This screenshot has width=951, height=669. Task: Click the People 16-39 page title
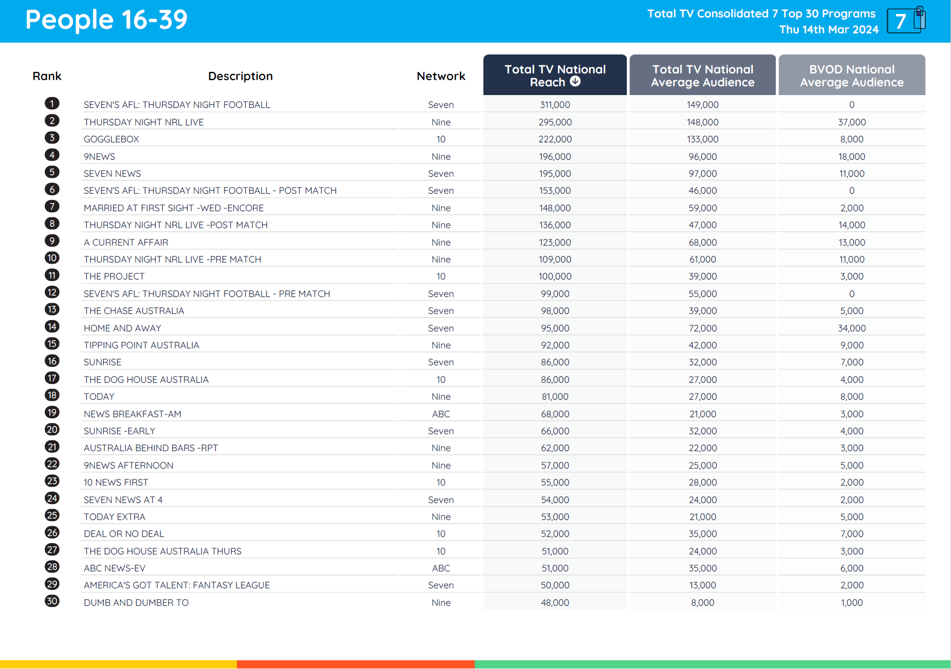pyautogui.click(x=106, y=20)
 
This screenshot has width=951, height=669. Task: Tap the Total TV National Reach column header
pyautogui.click(x=554, y=75)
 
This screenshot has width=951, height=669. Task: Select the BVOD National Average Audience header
pyautogui.click(x=851, y=75)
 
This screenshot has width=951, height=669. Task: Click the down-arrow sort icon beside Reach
pyautogui.click(x=575, y=82)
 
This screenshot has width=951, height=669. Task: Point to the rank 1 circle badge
pyautogui.click(x=52, y=104)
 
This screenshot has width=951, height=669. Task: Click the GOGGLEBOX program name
pyautogui.click(x=111, y=139)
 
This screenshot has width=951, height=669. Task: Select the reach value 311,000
pyautogui.click(x=555, y=105)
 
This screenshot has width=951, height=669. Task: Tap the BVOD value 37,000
pyautogui.click(x=851, y=122)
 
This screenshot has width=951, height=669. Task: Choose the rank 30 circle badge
pyautogui.click(x=52, y=601)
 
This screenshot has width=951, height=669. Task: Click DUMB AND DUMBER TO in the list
pyautogui.click(x=136, y=603)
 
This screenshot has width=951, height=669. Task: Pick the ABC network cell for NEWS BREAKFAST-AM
pyautogui.click(x=441, y=414)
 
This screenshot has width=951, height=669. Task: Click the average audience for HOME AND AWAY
pyautogui.click(x=702, y=328)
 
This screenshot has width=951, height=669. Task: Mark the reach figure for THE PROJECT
pyautogui.click(x=555, y=276)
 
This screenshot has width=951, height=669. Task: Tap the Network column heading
pyautogui.click(x=441, y=76)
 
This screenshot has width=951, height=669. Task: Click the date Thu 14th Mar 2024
pyautogui.click(x=829, y=30)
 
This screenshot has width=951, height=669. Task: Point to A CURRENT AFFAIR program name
pyautogui.click(x=126, y=243)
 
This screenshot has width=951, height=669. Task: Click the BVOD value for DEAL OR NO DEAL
pyautogui.click(x=851, y=534)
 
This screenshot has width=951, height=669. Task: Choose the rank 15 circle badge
pyautogui.click(x=52, y=344)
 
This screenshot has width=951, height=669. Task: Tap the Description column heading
pyautogui.click(x=240, y=76)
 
